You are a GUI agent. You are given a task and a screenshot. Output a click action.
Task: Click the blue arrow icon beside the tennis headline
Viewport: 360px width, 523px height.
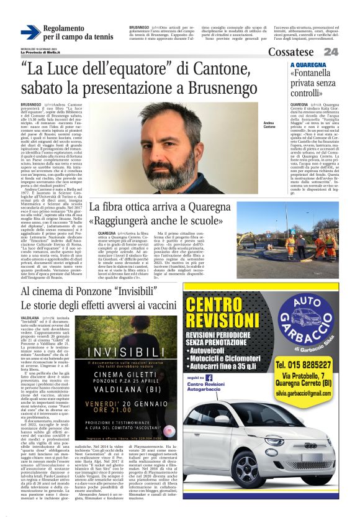point(30,32)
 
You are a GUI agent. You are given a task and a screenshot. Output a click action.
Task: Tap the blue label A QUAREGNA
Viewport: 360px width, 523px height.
point(308,65)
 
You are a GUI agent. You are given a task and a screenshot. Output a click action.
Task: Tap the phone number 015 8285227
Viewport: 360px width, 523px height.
point(305,364)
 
